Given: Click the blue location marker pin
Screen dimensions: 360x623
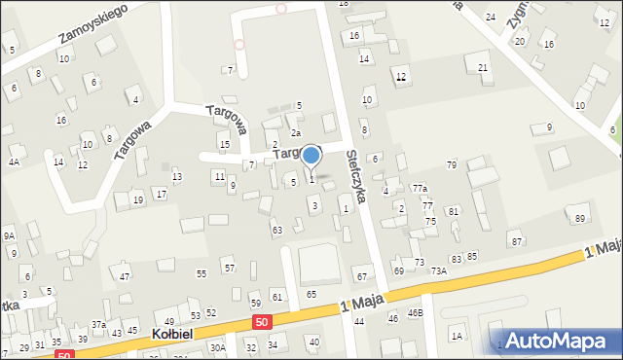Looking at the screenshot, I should point(311,156).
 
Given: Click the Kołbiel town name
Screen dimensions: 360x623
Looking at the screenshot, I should point(174,334).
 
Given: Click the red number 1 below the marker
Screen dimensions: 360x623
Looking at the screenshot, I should point(311,179).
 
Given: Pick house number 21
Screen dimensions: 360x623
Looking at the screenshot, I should point(483,67).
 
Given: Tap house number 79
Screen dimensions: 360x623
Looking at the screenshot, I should point(451,164).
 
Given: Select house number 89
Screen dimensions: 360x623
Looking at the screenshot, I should point(580,218).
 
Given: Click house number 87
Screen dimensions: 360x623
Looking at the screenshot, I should point(516,241).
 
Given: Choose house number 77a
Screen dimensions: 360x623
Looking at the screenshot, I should point(420,188).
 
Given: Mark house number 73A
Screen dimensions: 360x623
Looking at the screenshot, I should point(439,271).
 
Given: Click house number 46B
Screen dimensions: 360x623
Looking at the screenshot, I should point(416,313).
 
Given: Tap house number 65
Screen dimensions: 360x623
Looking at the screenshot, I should point(311,294).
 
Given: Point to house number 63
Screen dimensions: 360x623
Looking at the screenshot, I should point(276,230).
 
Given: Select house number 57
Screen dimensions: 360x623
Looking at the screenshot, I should point(229,268).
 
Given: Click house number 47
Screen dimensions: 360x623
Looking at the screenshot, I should point(125,277).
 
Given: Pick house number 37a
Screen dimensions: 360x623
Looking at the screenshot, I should point(98,324).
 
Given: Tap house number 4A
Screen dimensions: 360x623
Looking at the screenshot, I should point(14,162).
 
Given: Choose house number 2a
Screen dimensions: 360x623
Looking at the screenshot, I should point(296,133).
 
